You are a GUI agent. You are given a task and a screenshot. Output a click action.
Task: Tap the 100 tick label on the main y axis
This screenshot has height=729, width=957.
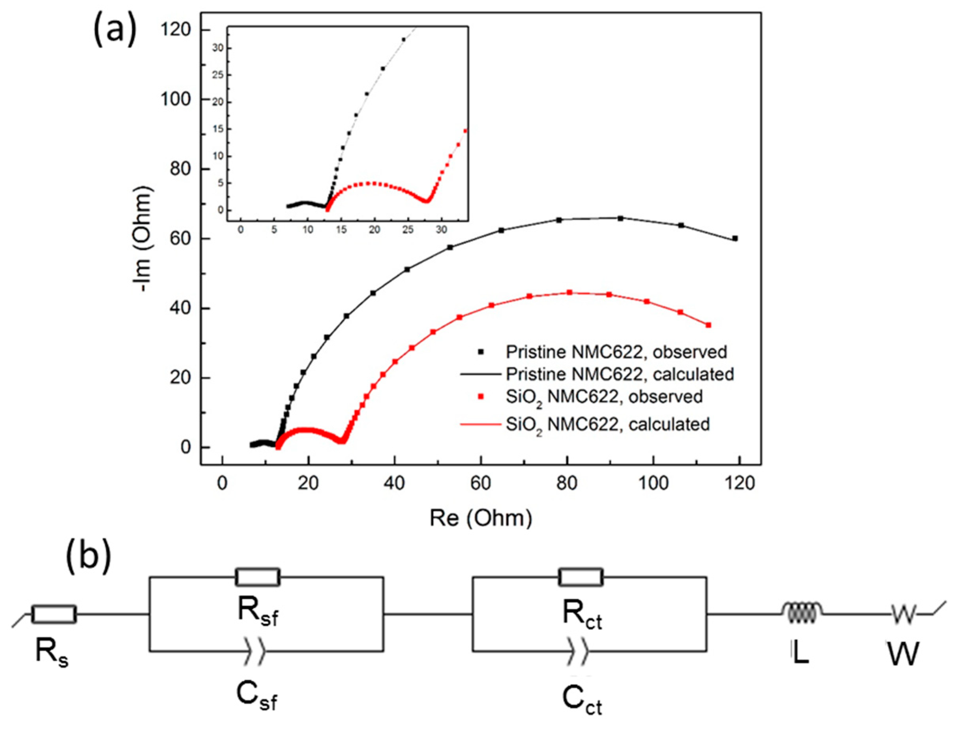(x=176, y=100)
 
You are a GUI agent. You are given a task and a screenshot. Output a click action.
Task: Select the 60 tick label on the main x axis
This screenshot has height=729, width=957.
(x=480, y=483)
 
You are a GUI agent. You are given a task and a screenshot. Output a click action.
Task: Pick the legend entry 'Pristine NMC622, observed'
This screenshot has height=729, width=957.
(x=616, y=352)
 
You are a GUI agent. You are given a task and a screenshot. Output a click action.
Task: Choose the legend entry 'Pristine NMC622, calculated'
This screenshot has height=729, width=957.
(x=620, y=374)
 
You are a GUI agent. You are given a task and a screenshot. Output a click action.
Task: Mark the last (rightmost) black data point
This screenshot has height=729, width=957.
(x=735, y=238)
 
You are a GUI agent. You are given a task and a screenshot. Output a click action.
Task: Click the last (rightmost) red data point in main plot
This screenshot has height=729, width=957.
(x=708, y=325)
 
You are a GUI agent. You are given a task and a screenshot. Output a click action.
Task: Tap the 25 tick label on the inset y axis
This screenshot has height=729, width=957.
(x=217, y=75)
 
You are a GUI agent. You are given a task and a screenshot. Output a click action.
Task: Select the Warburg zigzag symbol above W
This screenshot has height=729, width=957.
(x=903, y=613)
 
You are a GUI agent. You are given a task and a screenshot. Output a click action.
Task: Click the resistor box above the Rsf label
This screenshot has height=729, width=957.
(x=257, y=577)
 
